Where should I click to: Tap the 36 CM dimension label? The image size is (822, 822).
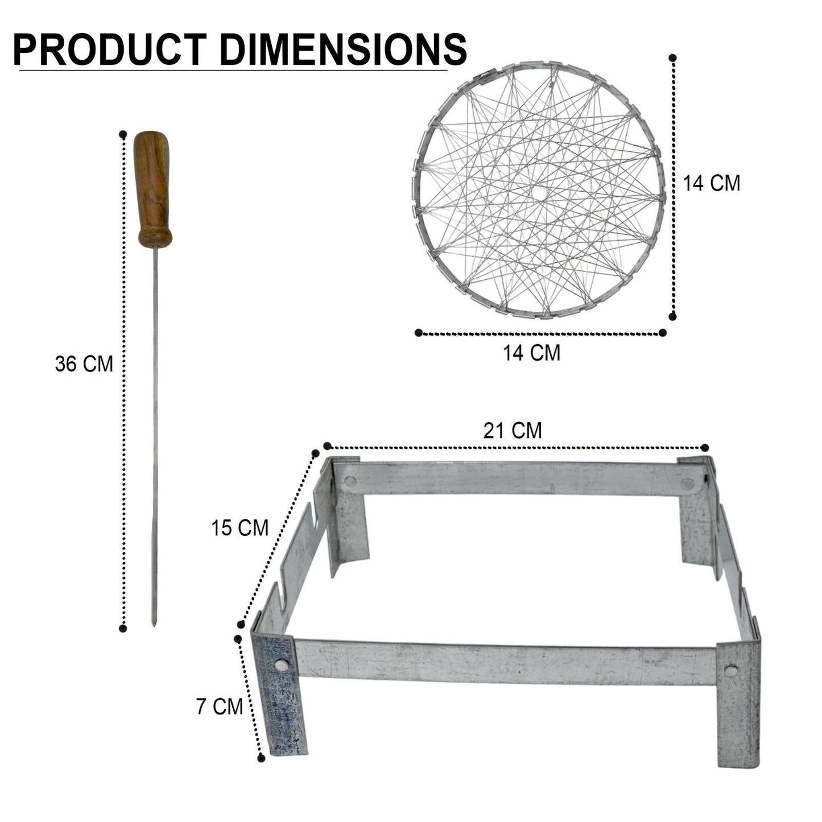coord(84,364)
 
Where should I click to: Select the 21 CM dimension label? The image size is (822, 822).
coord(513,431)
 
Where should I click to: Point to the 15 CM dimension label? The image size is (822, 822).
coord(239,528)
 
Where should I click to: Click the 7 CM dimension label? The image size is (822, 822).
coord(219,707)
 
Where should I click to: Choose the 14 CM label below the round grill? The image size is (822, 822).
coord(531,353)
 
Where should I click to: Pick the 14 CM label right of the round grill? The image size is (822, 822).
coord(712,183)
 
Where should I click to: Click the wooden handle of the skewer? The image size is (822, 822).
coord(153,189)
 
